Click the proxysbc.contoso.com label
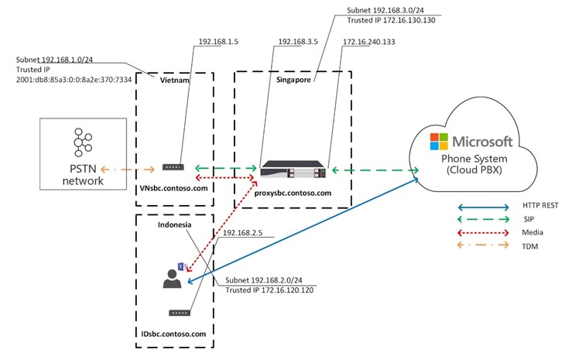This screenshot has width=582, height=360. pos(293,193)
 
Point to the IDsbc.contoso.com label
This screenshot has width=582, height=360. pos(175,334)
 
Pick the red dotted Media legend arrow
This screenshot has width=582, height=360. pos(481,232)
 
